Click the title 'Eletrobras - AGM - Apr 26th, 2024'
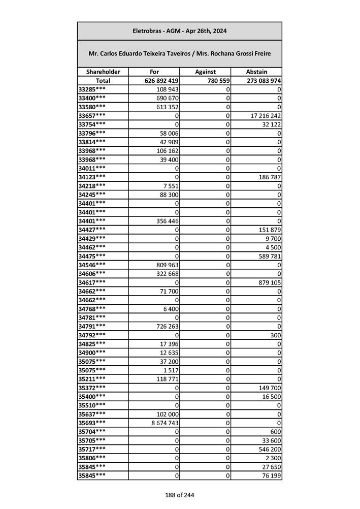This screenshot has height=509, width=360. (x=179, y=31)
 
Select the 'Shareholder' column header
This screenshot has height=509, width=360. (x=103, y=72)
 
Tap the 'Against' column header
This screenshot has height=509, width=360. (x=205, y=72)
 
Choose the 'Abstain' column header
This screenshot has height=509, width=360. (x=256, y=72)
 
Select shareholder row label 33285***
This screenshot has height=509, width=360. (x=92, y=89)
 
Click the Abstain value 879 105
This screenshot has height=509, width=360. (x=269, y=282)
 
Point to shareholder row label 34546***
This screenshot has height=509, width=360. (x=92, y=265)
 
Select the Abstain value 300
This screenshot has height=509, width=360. (x=276, y=335)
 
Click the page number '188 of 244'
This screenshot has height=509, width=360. (x=179, y=495)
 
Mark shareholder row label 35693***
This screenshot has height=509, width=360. (x=92, y=423)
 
